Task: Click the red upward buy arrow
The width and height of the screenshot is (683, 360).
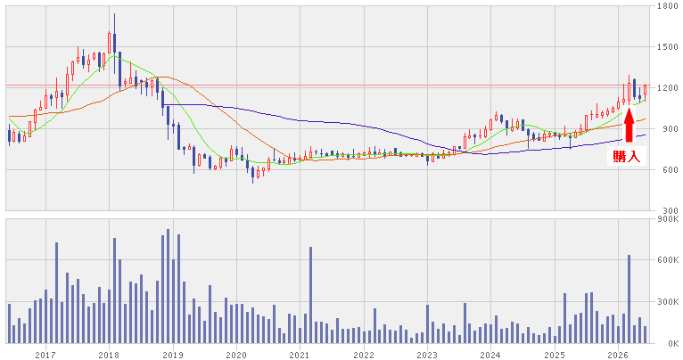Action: click(629, 125)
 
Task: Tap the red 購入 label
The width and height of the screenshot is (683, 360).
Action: click(626, 157)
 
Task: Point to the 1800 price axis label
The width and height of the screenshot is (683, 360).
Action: click(667, 6)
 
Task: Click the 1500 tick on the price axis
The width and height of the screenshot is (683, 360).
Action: click(667, 47)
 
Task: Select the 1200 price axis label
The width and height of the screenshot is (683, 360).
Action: click(667, 88)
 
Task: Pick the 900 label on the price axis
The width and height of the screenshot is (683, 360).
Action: click(669, 129)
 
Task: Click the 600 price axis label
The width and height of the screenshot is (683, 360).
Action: click(669, 170)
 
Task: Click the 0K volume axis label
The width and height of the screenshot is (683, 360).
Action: click(672, 343)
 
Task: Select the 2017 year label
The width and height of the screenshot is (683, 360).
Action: click(45, 356)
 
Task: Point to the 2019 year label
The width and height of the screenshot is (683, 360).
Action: click(173, 356)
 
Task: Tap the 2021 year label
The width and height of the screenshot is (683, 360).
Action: click(300, 356)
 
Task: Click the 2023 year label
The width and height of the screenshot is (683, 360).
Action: click(427, 356)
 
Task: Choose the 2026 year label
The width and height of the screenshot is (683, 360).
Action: click(619, 356)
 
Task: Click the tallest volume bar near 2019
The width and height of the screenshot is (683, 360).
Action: click(169, 286)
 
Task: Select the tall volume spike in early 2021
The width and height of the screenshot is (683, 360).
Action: click(311, 295)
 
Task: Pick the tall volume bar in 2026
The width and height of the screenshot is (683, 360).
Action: click(629, 299)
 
